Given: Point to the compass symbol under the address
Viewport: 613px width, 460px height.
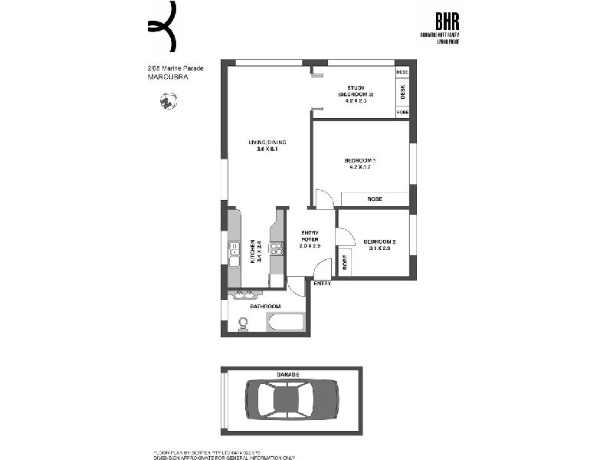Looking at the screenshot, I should [168, 100].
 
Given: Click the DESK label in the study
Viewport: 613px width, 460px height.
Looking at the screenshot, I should [402, 92].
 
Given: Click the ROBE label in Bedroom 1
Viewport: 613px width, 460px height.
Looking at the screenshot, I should [375, 199].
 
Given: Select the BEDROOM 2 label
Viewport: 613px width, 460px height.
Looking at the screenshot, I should [379, 240].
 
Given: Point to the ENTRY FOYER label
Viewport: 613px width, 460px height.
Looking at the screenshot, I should [309, 235].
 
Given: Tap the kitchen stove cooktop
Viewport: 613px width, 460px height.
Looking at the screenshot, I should [277, 248].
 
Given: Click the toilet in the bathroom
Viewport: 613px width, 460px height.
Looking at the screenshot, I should [244, 324].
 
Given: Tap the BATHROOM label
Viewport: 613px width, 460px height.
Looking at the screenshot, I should [264, 307].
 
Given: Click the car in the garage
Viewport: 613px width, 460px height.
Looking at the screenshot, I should [291, 400].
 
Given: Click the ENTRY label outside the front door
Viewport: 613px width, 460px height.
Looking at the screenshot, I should [323, 284].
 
